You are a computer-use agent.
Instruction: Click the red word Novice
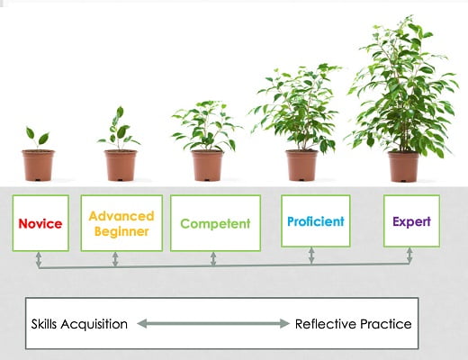coord(40,223)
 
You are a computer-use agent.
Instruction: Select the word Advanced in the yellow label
coord(121,216)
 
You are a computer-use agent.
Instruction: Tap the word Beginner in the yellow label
coord(121,231)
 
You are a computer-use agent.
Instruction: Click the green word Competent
coord(215,223)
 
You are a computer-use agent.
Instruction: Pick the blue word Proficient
coord(316,221)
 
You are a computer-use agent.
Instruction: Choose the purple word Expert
coord(411,222)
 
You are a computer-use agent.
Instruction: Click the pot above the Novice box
coord(38,166)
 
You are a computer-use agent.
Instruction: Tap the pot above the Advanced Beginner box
coord(121,166)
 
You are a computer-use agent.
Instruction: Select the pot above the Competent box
coord(207,166)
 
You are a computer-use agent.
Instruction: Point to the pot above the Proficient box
coord(301,166)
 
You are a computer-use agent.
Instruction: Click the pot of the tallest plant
coord(403,166)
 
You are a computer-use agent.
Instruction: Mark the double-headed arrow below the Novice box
coord(39,259)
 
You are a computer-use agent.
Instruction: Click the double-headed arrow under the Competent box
coord(213,259)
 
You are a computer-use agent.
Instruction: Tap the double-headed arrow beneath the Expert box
coord(409,256)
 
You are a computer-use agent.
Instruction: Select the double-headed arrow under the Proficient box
coord(311,256)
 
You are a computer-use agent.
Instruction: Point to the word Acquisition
coord(94,325)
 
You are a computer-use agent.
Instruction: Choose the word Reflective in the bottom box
coord(326,324)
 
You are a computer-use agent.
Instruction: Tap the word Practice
coord(386,324)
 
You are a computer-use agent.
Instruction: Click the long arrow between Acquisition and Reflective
coord(213,324)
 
